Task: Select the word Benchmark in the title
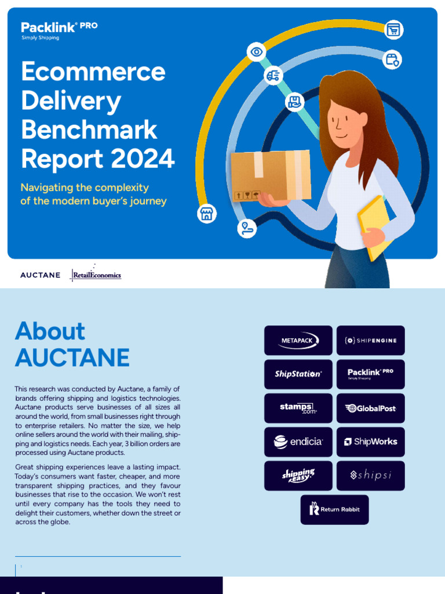(89, 129)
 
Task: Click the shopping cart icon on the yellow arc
(393, 30)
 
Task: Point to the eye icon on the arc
(256, 52)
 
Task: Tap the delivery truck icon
(273, 75)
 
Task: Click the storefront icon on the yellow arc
(206, 213)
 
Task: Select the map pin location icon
(247, 227)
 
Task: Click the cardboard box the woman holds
(271, 176)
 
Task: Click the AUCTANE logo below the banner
(40, 275)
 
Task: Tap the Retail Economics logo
(96, 275)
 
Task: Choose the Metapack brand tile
(298, 341)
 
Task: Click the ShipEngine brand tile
(371, 341)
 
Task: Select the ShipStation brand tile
(298, 374)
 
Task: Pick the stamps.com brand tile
(298, 408)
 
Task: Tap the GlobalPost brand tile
(371, 408)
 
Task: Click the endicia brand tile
(298, 442)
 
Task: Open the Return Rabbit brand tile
(334, 509)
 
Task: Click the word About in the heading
(50, 331)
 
